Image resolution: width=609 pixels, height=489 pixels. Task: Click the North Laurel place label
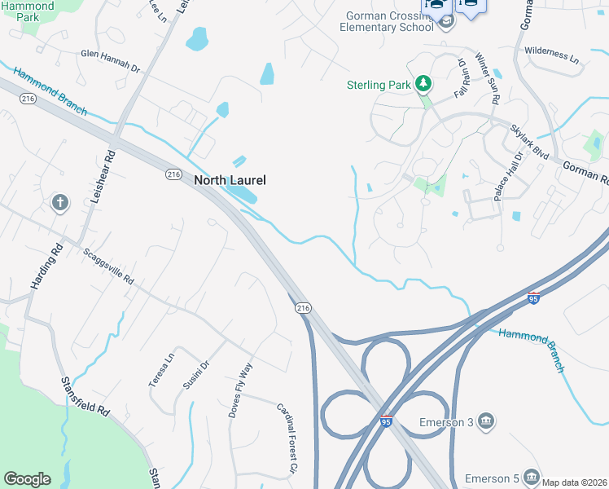[230, 180]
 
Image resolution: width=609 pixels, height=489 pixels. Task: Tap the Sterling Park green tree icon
[423, 83]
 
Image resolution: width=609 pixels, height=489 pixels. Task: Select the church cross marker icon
[59, 202]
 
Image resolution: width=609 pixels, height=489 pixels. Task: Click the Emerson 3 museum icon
[485, 421]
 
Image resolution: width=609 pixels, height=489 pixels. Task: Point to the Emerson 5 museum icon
[531, 477]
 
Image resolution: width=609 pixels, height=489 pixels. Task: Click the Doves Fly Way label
[240, 390]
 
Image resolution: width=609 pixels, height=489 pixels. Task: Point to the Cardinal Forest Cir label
[285, 438]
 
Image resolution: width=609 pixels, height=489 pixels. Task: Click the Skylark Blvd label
[530, 142]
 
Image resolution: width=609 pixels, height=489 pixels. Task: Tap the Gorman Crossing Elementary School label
[389, 21]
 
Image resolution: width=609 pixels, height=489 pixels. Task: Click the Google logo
[27, 479]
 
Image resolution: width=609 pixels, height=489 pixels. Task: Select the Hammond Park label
[28, 11]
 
